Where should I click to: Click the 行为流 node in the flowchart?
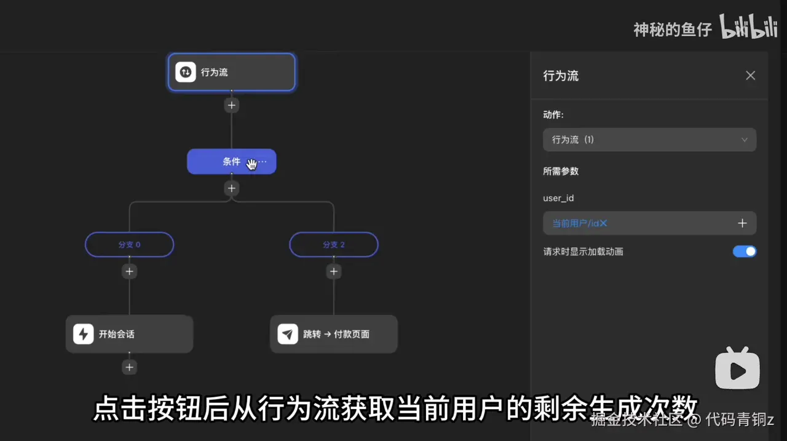pos(231,72)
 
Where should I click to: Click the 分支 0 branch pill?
pos(129,244)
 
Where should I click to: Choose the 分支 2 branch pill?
pos(334,244)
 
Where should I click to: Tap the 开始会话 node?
pos(129,334)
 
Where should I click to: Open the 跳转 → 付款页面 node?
pos(334,334)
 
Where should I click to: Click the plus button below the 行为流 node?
pos(231,105)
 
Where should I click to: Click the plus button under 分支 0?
pos(129,271)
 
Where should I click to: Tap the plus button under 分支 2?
pos(334,271)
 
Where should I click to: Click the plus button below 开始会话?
pos(129,367)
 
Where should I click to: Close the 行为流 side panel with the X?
pos(750,76)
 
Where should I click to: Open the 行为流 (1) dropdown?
pos(649,140)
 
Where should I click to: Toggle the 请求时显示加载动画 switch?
pos(745,251)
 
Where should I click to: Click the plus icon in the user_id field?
pos(742,223)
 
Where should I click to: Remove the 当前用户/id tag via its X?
pos(603,223)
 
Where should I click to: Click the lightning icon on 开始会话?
pos(84,334)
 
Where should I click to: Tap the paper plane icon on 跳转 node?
pos(288,334)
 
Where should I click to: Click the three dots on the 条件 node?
pos(263,162)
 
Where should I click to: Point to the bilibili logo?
pos(749,28)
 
